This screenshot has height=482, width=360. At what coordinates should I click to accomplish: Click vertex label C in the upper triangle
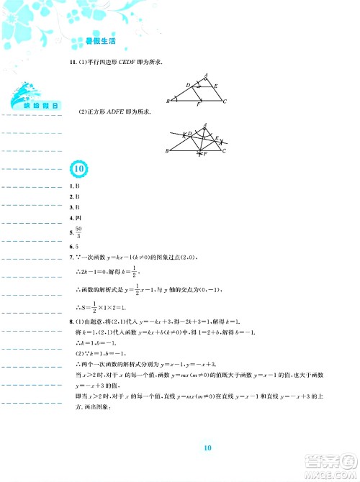[225, 101]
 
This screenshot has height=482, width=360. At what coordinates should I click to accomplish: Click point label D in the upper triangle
[188, 86]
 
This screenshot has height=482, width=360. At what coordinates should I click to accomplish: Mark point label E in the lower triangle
[220, 139]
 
